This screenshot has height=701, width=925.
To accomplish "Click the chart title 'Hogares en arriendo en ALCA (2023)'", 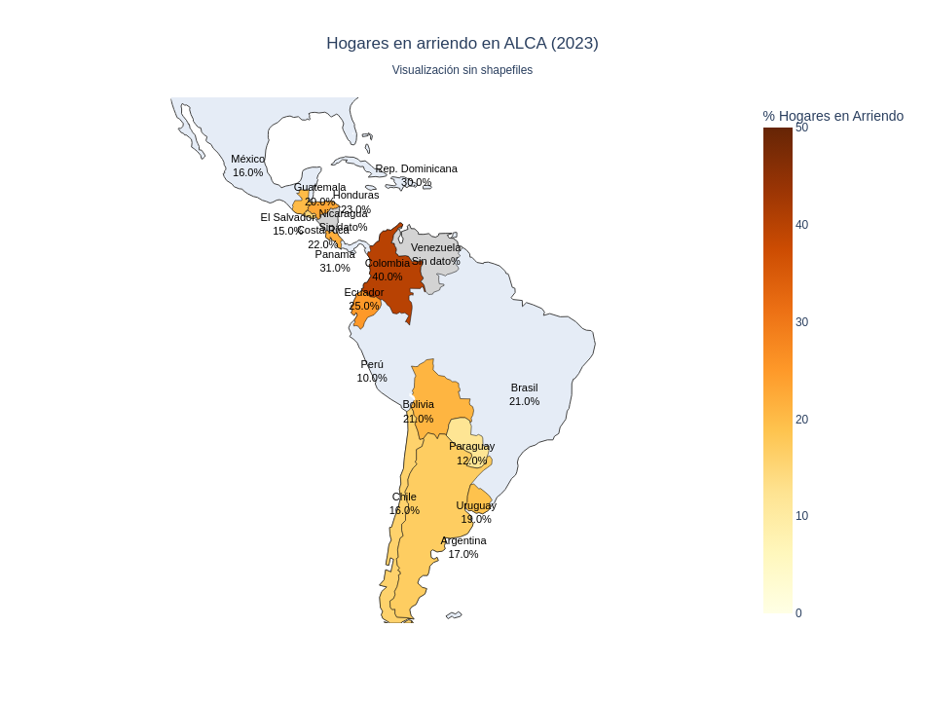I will (x=462, y=43).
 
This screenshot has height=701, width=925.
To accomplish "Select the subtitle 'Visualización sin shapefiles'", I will (x=462, y=70).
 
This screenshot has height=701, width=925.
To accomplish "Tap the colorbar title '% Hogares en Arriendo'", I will (x=832, y=116).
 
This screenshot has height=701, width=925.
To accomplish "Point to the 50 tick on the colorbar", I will (x=801, y=128).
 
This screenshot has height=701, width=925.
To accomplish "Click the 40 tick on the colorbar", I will (x=801, y=225).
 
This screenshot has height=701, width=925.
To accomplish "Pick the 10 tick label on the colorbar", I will (x=801, y=516).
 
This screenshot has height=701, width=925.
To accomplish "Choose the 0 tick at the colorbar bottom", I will (x=798, y=613).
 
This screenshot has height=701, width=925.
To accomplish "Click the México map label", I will (x=247, y=159).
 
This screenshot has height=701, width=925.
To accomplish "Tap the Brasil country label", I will (x=524, y=387).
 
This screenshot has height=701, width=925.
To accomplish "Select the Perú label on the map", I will (x=372, y=364).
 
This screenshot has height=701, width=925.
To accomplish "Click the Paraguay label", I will (x=471, y=446).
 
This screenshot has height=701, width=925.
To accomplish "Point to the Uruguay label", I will (x=476, y=505).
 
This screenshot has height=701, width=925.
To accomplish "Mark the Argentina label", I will (x=463, y=540).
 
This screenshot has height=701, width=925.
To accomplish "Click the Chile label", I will (x=404, y=497).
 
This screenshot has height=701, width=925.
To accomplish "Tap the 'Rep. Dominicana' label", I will (x=416, y=168).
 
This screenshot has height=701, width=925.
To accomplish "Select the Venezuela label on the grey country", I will (x=435, y=247).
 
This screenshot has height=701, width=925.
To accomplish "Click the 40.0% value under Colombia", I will (x=388, y=277).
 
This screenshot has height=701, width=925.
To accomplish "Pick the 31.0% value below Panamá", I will (x=335, y=268).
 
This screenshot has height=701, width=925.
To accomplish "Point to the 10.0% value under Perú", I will (x=372, y=378).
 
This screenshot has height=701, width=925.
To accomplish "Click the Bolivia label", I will (x=419, y=404).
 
